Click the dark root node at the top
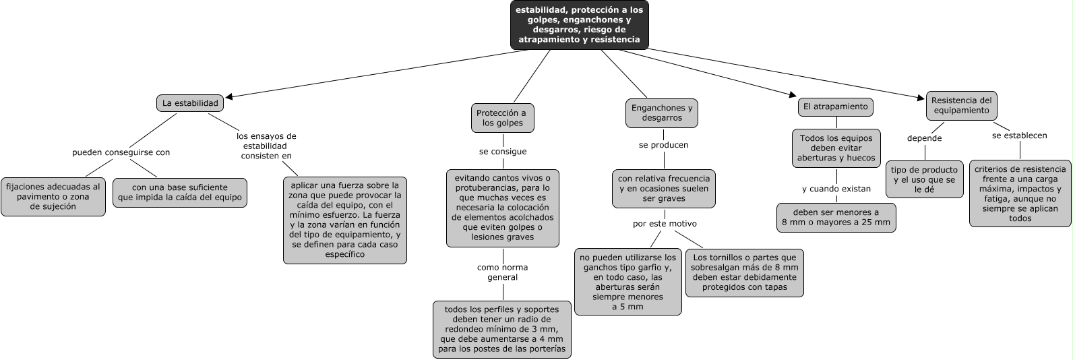pos(579,25)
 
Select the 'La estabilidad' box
pos(190,103)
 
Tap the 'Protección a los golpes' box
pos(502,118)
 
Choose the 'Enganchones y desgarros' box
pos(662,113)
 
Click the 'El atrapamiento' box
pos(836,107)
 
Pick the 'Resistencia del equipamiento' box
pos(961,105)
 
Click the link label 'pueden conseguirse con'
pos(121,152)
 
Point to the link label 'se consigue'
pos(503,152)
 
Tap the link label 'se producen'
pos(664,145)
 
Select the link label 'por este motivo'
pos(665,223)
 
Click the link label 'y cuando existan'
pos(836,189)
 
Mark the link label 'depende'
pos(924,138)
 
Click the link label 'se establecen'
pos(1019,136)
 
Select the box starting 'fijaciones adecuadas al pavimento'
pos(53,197)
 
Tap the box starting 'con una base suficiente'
pos(179,192)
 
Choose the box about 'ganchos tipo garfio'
pos(627,282)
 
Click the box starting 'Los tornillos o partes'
pos(744,272)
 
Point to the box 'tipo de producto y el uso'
pos(924,179)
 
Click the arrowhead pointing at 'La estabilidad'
pos(229,97)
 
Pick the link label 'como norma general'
pos(502,272)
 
